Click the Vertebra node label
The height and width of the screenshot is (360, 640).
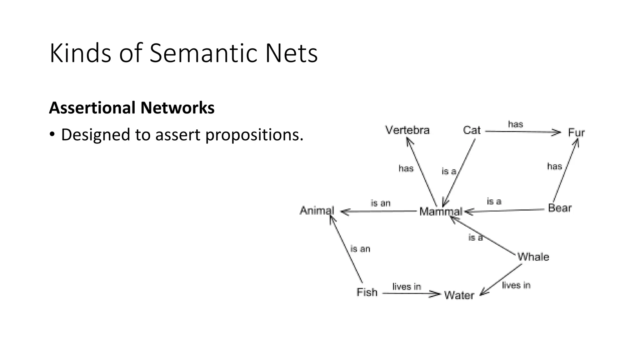(x=407, y=130)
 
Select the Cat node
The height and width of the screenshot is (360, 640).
(x=472, y=130)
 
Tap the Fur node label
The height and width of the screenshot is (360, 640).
(x=576, y=133)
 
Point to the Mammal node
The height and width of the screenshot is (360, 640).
(x=441, y=212)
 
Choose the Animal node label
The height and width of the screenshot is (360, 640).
(x=317, y=211)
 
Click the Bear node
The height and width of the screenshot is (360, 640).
(x=560, y=208)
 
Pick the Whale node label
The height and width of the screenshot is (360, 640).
(x=533, y=257)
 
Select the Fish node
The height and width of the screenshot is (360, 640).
(x=367, y=292)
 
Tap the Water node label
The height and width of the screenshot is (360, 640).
(x=459, y=295)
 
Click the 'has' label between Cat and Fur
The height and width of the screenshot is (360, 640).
(x=515, y=124)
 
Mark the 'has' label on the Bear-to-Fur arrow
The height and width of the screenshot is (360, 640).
(x=554, y=166)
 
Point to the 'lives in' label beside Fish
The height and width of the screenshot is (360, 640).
(x=407, y=287)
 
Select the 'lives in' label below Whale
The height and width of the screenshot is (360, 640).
(x=516, y=285)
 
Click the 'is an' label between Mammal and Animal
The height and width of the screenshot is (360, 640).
(x=380, y=203)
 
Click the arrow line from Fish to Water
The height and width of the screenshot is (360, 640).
(x=406, y=293)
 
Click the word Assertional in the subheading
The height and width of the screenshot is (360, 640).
(x=92, y=108)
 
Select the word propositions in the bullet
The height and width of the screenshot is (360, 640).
(x=254, y=135)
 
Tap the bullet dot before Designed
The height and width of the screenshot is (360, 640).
(x=52, y=135)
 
